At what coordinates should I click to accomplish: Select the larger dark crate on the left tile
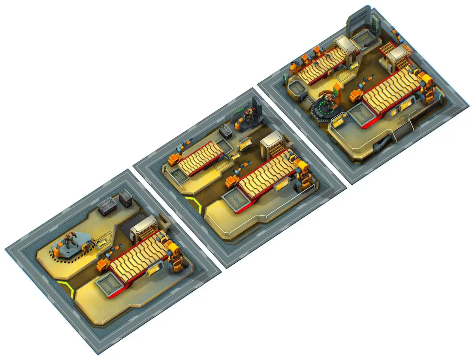[107, 206]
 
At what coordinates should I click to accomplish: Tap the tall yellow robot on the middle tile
[303, 174]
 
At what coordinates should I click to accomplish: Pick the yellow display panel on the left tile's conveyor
[153, 270]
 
